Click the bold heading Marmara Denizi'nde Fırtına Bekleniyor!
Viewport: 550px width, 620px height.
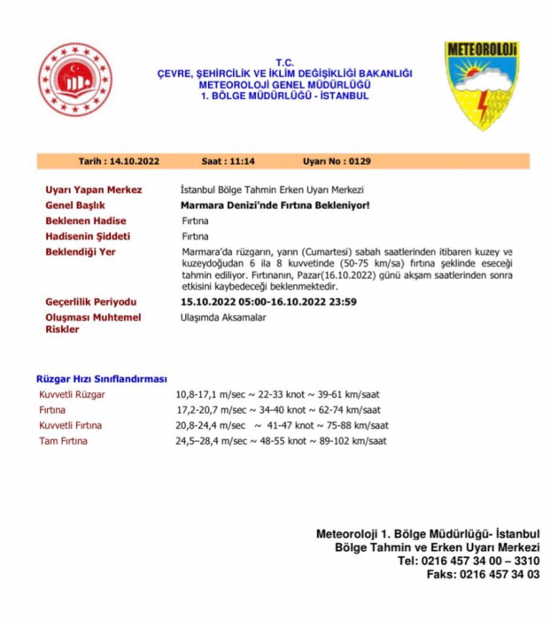point(275,205)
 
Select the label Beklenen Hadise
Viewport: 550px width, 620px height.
point(86,221)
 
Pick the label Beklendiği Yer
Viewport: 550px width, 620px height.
point(81,252)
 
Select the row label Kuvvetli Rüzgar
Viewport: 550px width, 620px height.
point(72,393)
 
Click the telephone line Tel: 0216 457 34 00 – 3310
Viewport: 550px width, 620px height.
point(469,561)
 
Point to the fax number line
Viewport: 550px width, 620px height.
point(482,574)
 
